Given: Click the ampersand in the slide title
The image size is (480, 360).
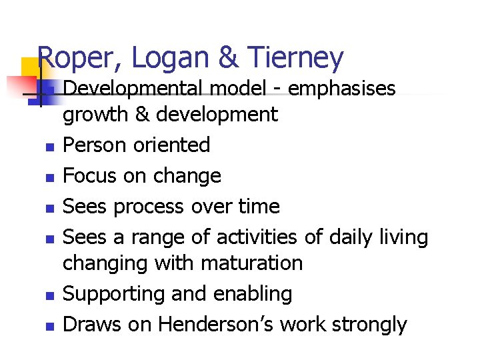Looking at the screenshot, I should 229,58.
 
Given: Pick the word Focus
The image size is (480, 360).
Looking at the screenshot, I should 86,176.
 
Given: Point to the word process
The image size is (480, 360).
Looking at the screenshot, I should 147,207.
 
